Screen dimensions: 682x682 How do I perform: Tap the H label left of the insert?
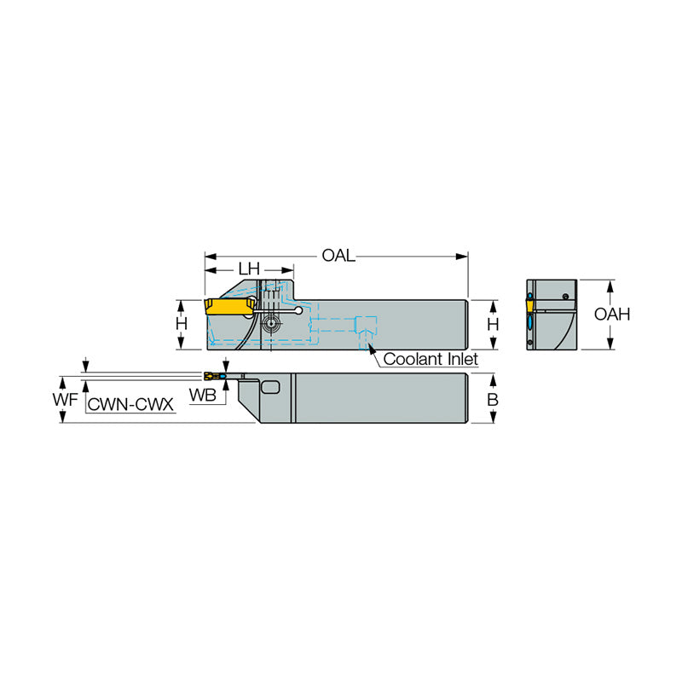pos(182,324)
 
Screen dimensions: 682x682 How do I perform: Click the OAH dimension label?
pos(612,314)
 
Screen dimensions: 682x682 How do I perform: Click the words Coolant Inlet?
pos(430,359)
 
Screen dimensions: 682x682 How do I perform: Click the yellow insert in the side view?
pos(230,306)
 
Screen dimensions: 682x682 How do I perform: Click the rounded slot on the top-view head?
pos(271,388)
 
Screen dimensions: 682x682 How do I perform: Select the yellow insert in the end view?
pos(529,304)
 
